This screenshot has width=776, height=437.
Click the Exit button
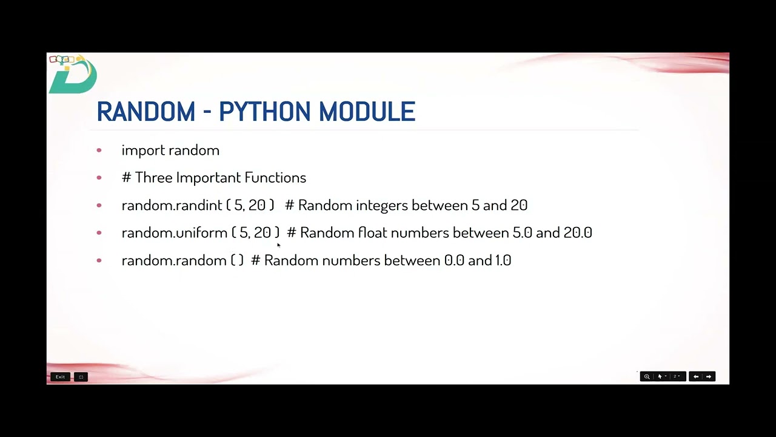tap(60, 377)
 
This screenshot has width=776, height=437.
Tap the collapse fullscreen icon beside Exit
tap(81, 377)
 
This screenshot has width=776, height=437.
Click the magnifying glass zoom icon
tap(647, 377)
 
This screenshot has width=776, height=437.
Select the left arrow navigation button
tap(695, 377)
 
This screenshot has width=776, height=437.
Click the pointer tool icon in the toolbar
tap(660, 377)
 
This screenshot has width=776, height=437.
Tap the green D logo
tap(73, 75)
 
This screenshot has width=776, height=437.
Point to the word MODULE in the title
tap(367, 112)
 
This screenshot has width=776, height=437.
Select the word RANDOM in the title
tap(145, 112)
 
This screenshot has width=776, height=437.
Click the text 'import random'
tap(170, 151)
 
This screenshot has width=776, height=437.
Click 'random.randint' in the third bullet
tap(172, 206)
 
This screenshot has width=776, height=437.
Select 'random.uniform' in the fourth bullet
tap(174, 233)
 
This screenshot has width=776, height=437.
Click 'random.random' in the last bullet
tap(174, 261)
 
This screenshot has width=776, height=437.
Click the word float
tap(372, 233)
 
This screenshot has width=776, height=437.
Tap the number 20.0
tap(578, 233)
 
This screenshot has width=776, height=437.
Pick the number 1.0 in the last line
tap(503, 261)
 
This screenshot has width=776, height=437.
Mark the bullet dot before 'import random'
tap(99, 151)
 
